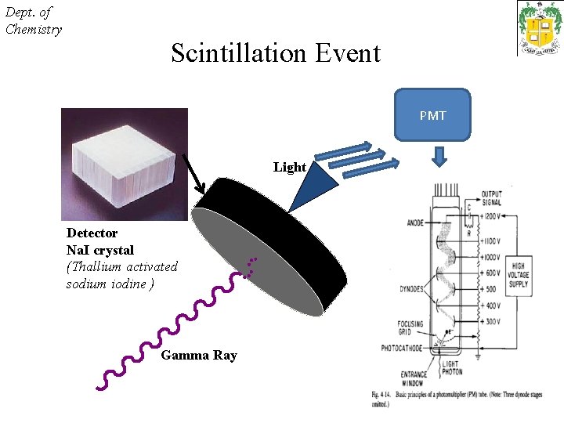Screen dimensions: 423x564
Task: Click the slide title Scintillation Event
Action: tap(275, 53)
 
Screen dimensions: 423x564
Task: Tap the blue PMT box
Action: tap(432, 115)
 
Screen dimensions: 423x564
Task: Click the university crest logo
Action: tap(539, 28)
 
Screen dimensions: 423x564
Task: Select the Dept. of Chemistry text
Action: tap(33, 20)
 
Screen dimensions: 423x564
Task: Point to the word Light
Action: tap(289, 167)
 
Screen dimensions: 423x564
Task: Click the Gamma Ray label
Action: tap(198, 355)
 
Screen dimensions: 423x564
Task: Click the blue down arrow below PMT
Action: tap(439, 157)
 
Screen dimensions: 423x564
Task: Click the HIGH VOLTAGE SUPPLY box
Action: tap(518, 275)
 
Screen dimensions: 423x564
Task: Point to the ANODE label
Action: tap(415, 222)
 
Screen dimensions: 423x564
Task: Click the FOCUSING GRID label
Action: tap(410, 327)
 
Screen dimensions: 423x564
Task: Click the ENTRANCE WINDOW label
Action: tap(412, 378)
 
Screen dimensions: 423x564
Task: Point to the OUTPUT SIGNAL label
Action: tap(491, 198)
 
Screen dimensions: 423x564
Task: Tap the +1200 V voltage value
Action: tap(493, 215)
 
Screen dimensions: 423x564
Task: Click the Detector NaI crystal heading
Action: tap(99, 241)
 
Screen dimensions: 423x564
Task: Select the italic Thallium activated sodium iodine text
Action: tap(121, 275)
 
